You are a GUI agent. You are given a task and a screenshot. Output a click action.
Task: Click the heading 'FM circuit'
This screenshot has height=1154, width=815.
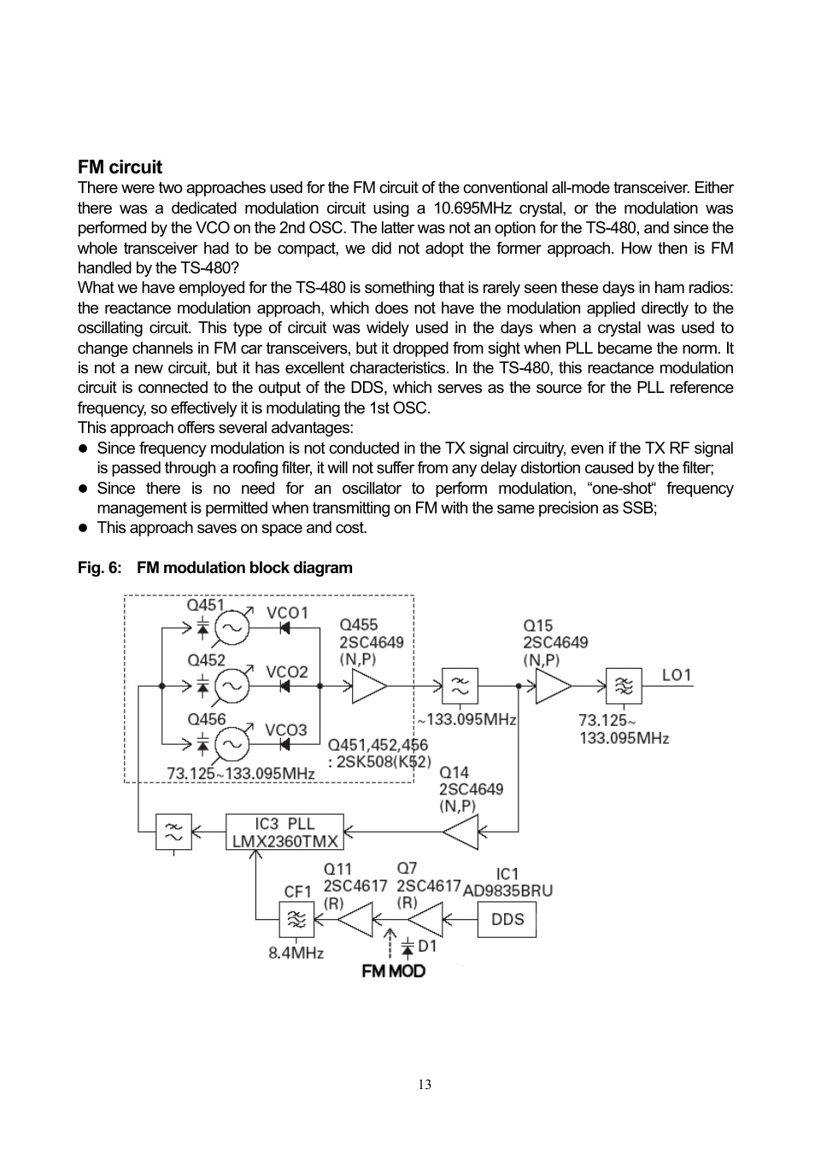pyautogui.click(x=120, y=167)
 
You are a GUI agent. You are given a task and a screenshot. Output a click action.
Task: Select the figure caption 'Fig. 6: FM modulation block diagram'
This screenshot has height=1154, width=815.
pyautogui.click(x=214, y=568)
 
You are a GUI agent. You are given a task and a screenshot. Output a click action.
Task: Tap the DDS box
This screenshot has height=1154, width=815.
pyautogui.click(x=507, y=920)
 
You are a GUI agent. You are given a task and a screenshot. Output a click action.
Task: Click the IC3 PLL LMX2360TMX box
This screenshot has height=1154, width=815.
pyautogui.click(x=284, y=832)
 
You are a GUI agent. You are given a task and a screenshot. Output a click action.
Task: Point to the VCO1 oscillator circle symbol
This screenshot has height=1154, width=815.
pyautogui.click(x=232, y=629)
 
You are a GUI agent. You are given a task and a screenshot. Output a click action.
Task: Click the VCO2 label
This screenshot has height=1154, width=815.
pyautogui.click(x=286, y=672)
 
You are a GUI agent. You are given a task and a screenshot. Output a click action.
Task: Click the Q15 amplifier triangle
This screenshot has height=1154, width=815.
pyautogui.click(x=552, y=686)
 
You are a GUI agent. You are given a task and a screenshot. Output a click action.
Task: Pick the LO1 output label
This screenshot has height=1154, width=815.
pyautogui.click(x=677, y=676)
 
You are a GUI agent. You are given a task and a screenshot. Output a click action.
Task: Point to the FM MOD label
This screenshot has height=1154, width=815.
pyautogui.click(x=393, y=971)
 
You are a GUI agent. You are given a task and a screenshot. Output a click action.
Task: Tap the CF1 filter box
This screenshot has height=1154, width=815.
pyautogui.click(x=296, y=920)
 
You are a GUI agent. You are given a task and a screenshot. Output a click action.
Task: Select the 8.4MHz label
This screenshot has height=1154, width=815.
pyautogui.click(x=296, y=953)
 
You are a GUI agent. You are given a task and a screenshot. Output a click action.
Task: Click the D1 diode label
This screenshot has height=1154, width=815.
pyautogui.click(x=427, y=946)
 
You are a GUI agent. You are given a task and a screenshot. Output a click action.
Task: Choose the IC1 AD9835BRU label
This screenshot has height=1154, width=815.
pyautogui.click(x=507, y=882)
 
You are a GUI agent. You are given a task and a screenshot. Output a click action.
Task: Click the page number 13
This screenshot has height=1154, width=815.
pyautogui.click(x=425, y=1085)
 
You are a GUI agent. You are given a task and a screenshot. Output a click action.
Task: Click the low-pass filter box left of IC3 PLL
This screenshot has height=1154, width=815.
pyautogui.click(x=173, y=832)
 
